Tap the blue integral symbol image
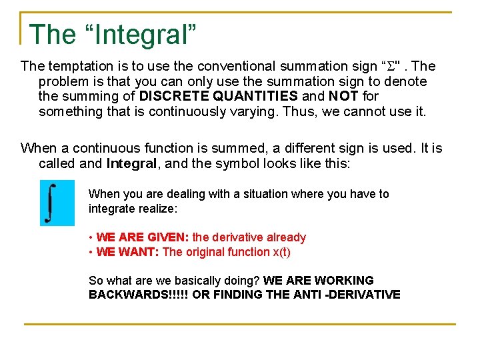57,202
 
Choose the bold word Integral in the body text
130,163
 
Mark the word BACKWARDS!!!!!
139,295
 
